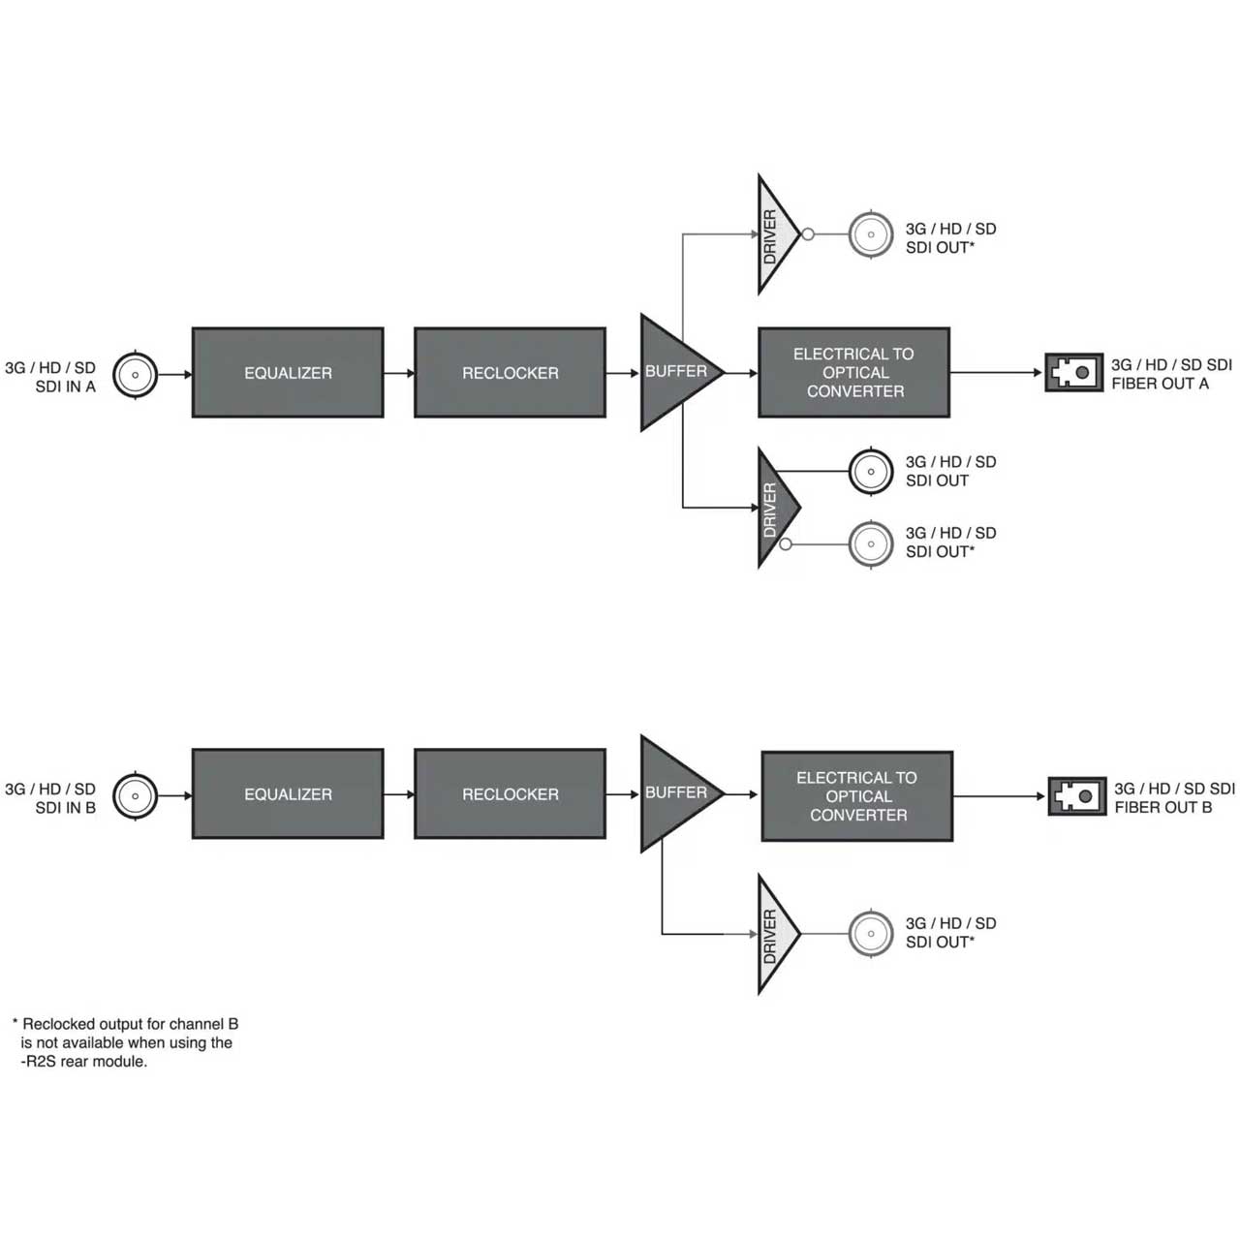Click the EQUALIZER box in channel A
pyautogui.click(x=288, y=373)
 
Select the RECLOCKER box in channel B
pyautogui.click(x=510, y=793)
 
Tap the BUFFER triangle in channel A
pyautogui.click(x=675, y=373)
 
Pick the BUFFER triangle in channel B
pyautogui.click(x=675, y=793)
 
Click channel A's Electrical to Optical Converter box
pyautogui.click(x=853, y=373)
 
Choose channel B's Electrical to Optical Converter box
pyautogui.click(x=857, y=796)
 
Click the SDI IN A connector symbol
pyautogui.click(x=135, y=375)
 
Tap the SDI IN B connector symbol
pyautogui.click(x=135, y=796)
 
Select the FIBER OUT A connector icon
pyautogui.click(x=1074, y=372)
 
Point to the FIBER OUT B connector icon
pyautogui.click(x=1077, y=796)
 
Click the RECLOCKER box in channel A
pyautogui.click(x=510, y=373)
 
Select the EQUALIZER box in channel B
pyautogui.click(x=288, y=793)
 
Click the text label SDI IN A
pyautogui.click(x=66, y=387)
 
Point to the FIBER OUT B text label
pyautogui.click(x=1162, y=807)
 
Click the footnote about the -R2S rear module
pyautogui.click(x=126, y=1042)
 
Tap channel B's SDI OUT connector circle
pyautogui.click(x=871, y=934)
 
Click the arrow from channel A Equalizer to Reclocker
pyautogui.click(x=399, y=373)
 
